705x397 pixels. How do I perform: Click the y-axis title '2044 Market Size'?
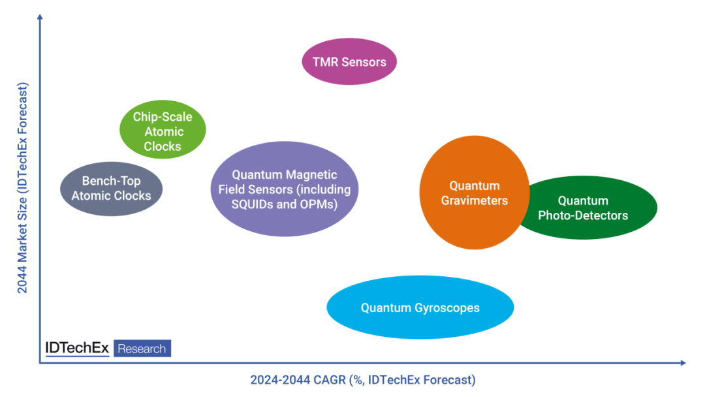click(23, 188)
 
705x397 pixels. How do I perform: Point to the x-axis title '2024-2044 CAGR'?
click(363, 380)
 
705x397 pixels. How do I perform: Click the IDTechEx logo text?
click(77, 348)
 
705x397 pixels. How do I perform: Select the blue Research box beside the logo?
click(142, 349)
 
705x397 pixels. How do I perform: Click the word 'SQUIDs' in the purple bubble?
click(253, 204)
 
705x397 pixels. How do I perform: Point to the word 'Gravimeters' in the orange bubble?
click(474, 200)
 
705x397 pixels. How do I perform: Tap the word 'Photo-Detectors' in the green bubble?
click(583, 215)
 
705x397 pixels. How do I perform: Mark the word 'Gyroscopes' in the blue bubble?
click(447, 308)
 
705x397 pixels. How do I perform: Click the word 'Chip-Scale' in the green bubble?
click(163, 117)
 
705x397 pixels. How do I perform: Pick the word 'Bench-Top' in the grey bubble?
click(111, 182)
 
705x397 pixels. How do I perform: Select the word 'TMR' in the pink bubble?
click(326, 63)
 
